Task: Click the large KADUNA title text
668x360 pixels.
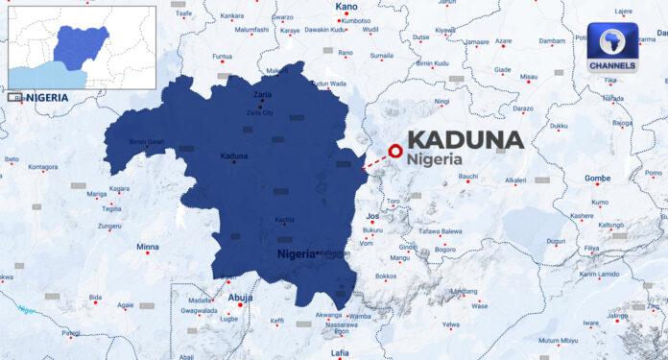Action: [x=465, y=139]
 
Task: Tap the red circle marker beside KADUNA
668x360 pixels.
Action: [x=394, y=150]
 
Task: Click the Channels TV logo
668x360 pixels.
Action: [x=612, y=49]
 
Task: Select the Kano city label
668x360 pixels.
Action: [x=347, y=8]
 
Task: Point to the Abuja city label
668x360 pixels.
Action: [x=240, y=298]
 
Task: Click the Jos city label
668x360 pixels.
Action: [x=373, y=216]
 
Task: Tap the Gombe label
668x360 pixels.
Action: [x=597, y=179]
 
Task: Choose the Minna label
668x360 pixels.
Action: [x=148, y=247]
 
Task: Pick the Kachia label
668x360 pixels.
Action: [x=284, y=220]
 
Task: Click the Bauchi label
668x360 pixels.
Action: [x=467, y=177]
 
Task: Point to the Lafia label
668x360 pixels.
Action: [x=340, y=353]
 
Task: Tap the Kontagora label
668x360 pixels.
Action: [x=42, y=167]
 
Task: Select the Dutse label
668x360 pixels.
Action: [x=420, y=36]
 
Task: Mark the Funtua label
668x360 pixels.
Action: [x=222, y=56]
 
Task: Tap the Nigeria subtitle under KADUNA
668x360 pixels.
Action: [x=435, y=159]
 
